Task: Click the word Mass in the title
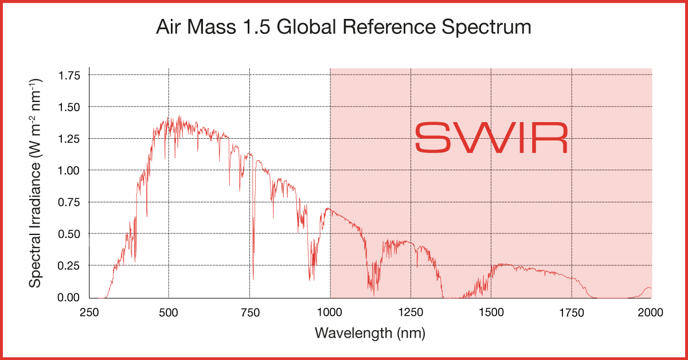(211, 27)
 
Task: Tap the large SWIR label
(491, 138)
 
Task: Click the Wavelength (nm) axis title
(370, 332)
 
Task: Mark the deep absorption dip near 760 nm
(253, 275)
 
